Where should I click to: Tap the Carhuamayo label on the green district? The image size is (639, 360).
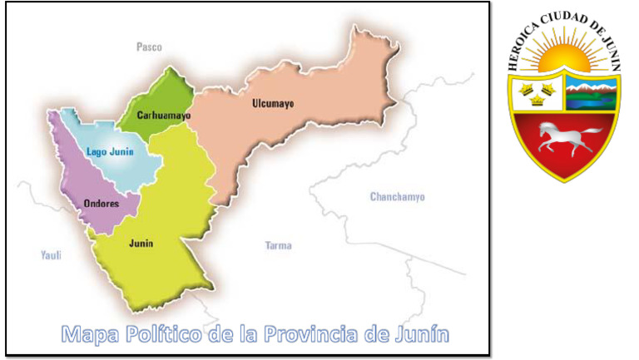tap(163, 116)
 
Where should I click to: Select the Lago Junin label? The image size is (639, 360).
tap(110, 151)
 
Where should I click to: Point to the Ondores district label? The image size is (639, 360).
tap(101, 203)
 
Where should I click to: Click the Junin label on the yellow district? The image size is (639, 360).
tap(141, 244)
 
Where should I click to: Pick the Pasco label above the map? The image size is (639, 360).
tap(149, 47)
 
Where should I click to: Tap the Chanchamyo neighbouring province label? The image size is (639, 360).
tap(397, 197)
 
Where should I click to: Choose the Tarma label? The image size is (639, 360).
tap(278, 245)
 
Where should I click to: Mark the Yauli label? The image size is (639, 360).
tap(52, 255)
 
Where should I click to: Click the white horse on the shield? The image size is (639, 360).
tap(566, 138)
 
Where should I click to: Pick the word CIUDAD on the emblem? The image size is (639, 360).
tap(566, 19)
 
